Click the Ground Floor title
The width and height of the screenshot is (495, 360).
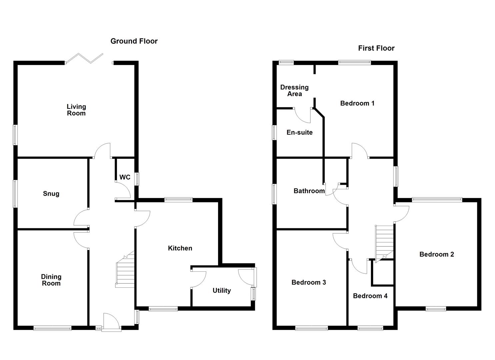pos(134,41)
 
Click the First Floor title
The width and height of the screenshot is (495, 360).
pos(376,48)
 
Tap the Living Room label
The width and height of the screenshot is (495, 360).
pos(76,110)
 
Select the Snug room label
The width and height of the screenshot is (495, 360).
pos(51,194)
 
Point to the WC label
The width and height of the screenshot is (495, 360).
pos(125,177)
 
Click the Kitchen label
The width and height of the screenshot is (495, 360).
pos(180,248)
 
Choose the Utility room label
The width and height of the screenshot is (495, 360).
pos(222,290)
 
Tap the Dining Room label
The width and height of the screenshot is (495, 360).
pos(51,280)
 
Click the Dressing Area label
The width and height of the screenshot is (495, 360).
pos(294,90)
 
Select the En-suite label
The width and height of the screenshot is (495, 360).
pos(300,132)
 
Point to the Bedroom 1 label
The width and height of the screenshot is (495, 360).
pos(357,103)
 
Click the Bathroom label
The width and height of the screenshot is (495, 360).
pos(309,191)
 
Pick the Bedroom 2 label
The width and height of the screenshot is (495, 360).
pos(437,254)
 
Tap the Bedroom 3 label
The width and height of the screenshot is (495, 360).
pos(309,282)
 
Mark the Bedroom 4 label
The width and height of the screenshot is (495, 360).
pos(370,296)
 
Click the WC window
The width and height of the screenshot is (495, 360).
pos(137,178)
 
